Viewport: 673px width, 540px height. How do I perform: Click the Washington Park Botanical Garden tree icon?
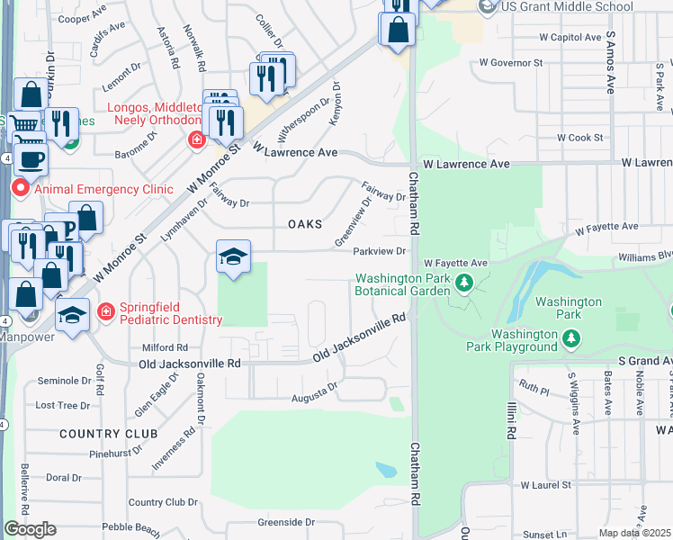pos(464,284)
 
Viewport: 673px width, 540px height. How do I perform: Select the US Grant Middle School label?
pos(568,7)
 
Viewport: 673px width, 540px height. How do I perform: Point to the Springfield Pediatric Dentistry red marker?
pos(106,311)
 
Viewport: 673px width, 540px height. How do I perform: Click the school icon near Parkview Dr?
pos(232,258)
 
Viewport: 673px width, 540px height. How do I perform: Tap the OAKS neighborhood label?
pos(304,224)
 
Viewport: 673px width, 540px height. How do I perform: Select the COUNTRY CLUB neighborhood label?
pos(102,434)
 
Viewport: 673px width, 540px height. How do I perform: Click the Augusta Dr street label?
pos(314,397)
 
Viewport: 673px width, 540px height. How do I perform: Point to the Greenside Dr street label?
pos(287,522)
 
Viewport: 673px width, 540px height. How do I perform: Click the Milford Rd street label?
pos(165,347)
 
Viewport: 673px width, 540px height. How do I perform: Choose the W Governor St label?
pos(511,63)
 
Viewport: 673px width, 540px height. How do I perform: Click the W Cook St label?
pos(579,138)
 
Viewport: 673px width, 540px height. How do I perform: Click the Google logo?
pos(30,529)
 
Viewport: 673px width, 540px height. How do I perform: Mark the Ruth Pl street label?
pos(534,390)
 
